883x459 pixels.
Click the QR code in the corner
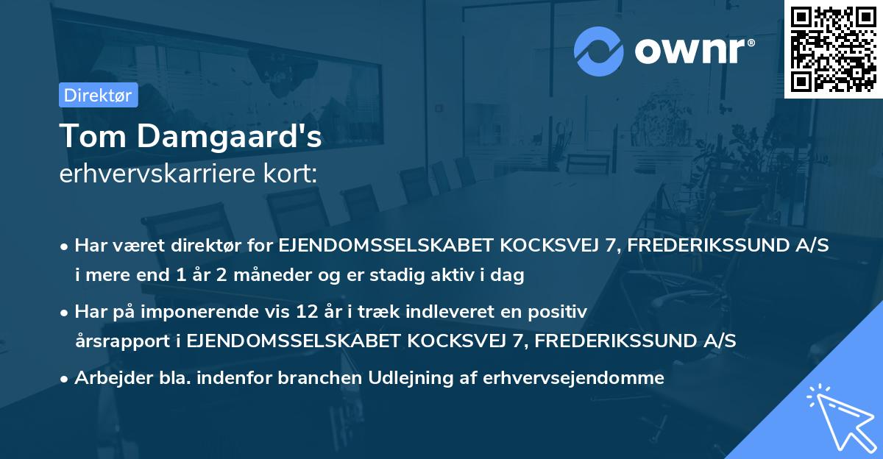coord(833,49)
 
